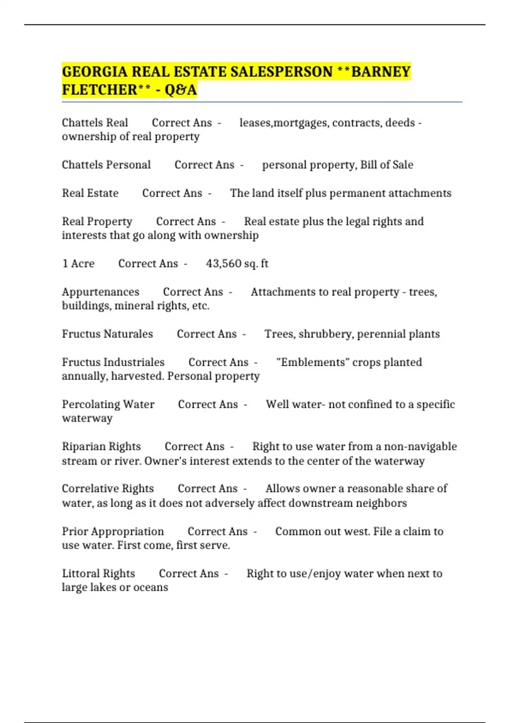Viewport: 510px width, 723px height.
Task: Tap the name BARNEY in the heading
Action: click(381, 72)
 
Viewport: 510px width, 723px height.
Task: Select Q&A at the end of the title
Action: click(181, 90)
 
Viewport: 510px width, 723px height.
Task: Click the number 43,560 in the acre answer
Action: click(224, 264)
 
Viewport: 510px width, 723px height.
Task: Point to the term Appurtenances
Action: click(100, 292)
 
